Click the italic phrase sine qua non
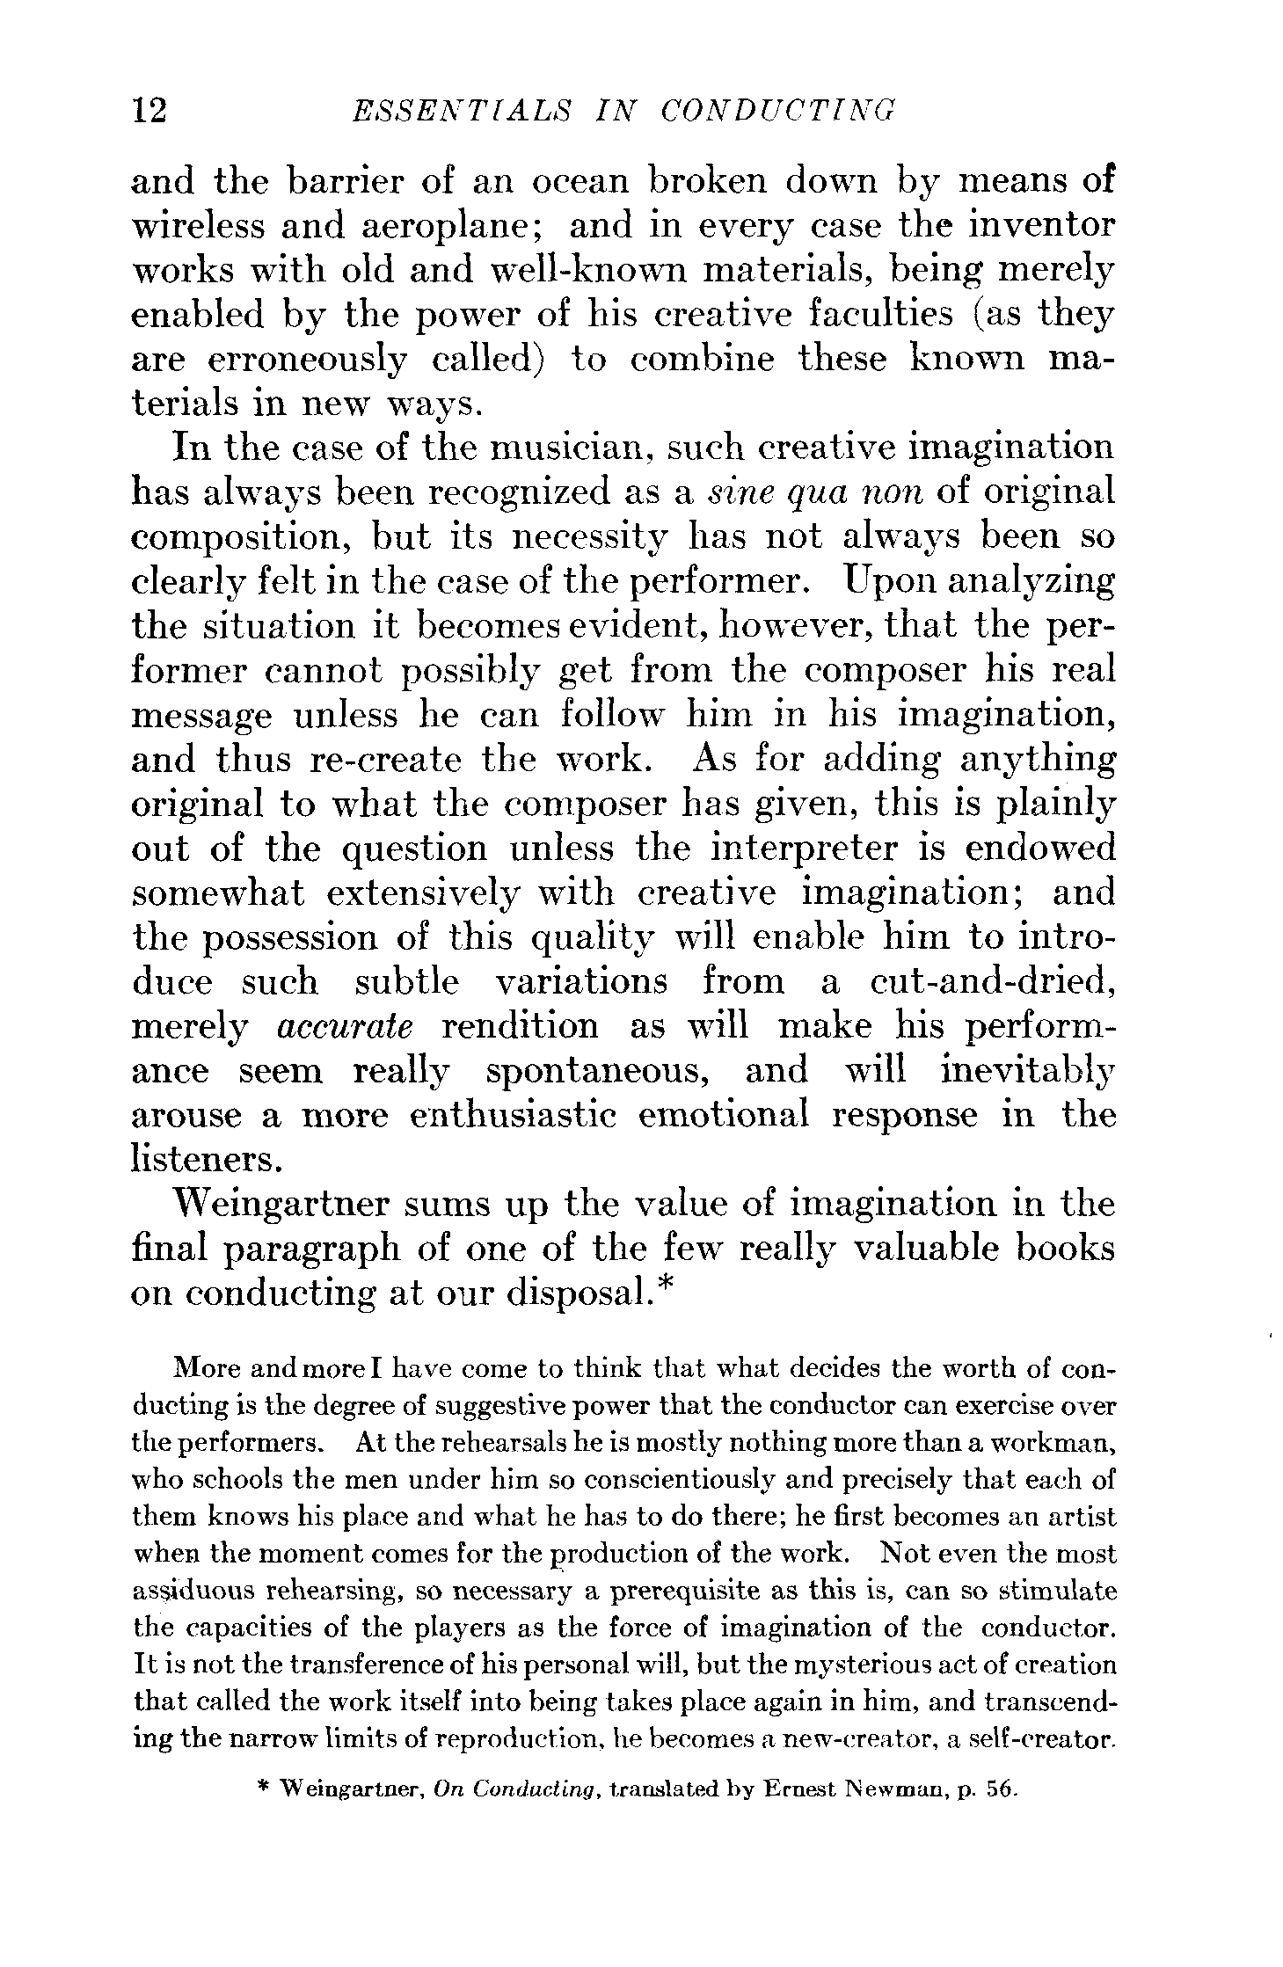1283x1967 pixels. tap(815, 492)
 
